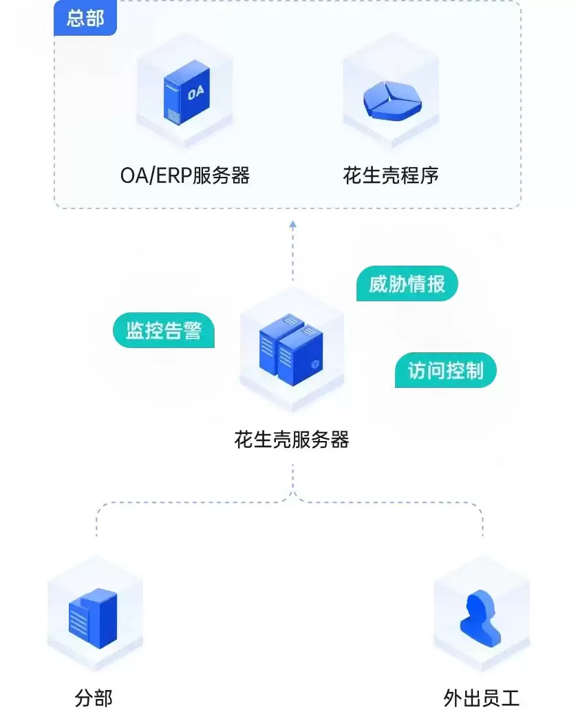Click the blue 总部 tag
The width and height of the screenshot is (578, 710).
(x=85, y=19)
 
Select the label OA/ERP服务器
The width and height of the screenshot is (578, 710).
(x=185, y=175)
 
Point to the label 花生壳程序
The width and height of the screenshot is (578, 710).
(x=391, y=175)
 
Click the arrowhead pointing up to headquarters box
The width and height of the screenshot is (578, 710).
(x=292, y=224)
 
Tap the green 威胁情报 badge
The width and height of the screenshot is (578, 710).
(x=407, y=283)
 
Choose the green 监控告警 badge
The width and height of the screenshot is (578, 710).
(x=164, y=330)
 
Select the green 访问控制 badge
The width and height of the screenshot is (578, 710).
(x=446, y=371)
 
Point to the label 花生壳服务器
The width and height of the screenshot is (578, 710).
(x=292, y=440)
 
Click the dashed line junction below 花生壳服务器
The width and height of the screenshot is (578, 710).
(x=292, y=494)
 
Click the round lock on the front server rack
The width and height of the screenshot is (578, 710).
(x=314, y=363)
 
